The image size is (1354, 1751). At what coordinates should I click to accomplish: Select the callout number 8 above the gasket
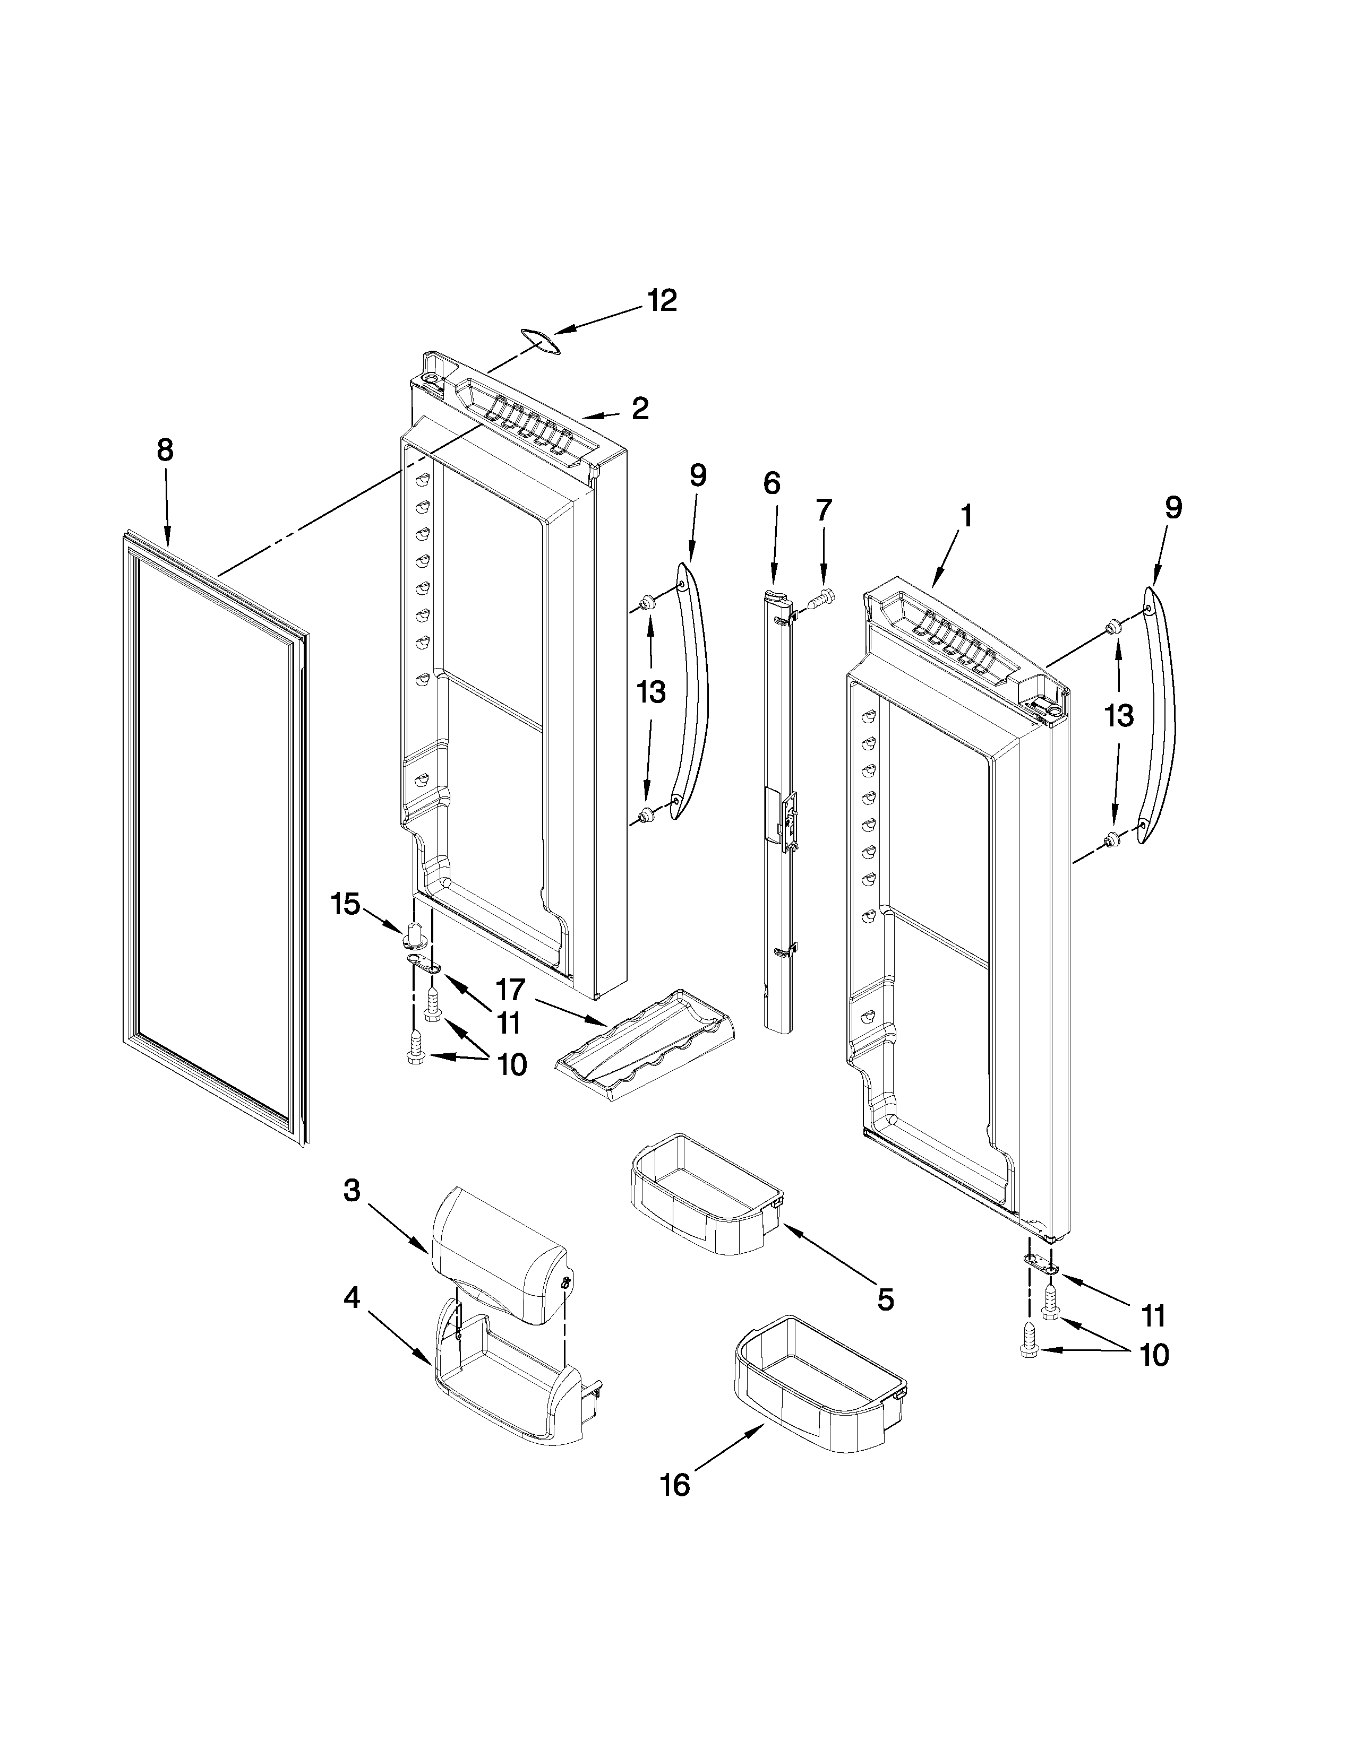coord(165,450)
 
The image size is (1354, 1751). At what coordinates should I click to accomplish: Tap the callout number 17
coord(510,991)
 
